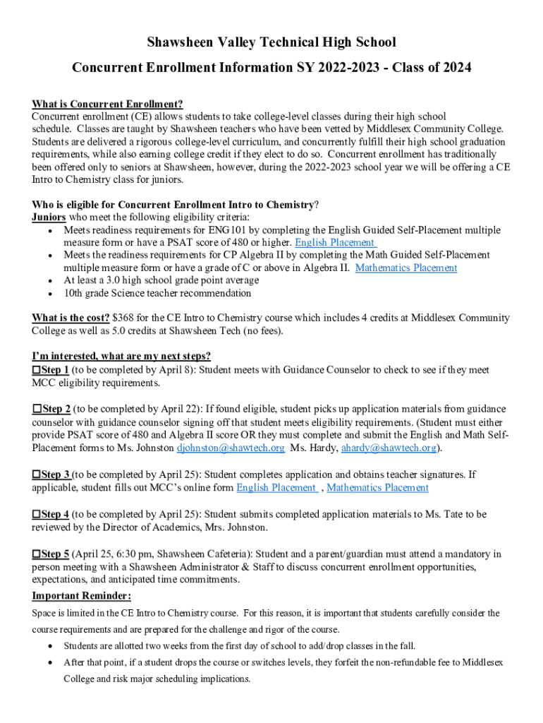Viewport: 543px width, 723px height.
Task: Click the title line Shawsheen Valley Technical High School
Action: click(271, 42)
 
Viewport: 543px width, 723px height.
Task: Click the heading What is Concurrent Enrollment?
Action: click(107, 104)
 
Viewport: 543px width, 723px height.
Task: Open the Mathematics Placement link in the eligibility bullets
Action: click(406, 268)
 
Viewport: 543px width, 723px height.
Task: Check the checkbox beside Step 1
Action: click(37, 370)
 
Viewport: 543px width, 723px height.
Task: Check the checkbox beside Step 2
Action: click(37, 409)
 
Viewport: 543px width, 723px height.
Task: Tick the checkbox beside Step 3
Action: click(37, 474)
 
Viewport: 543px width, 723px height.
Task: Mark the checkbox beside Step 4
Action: click(37, 514)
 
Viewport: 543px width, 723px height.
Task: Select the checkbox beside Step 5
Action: click(37, 554)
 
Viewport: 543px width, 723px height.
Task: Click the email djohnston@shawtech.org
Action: click(231, 448)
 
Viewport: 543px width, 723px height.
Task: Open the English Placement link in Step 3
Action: click(276, 488)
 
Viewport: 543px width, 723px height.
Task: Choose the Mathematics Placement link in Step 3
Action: click(377, 488)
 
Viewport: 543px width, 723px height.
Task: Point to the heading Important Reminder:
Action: click(82, 596)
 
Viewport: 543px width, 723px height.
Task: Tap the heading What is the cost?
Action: click(71, 318)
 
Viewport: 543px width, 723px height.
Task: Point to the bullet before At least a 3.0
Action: click(49, 281)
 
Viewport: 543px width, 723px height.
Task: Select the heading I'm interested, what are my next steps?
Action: click(121, 356)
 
